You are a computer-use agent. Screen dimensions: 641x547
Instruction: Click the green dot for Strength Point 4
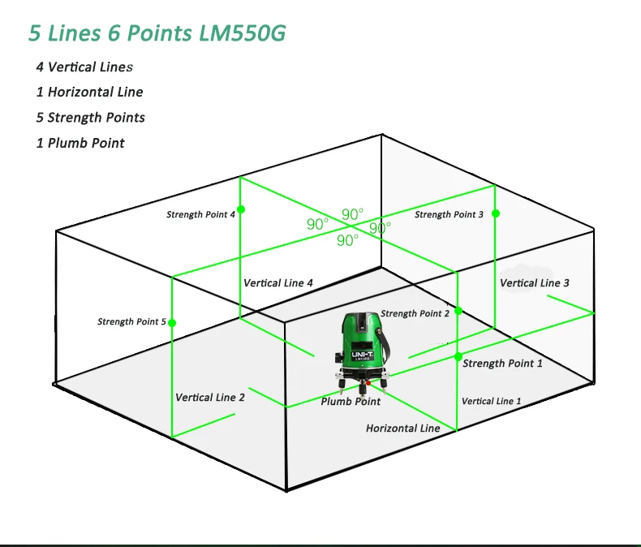pyautogui.click(x=241, y=209)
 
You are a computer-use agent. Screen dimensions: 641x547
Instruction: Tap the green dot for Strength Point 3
pyautogui.click(x=496, y=213)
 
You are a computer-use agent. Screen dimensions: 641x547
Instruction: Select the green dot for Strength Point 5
pyautogui.click(x=172, y=323)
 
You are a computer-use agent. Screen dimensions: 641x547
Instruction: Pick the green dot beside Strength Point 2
pyautogui.click(x=458, y=311)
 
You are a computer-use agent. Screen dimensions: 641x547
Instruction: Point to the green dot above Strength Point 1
pyautogui.click(x=458, y=356)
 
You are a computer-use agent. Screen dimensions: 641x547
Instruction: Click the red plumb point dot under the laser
pyautogui.click(x=368, y=383)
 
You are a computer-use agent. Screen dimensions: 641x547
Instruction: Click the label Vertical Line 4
pyautogui.click(x=278, y=283)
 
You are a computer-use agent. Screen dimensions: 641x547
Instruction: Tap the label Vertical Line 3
pyautogui.click(x=535, y=283)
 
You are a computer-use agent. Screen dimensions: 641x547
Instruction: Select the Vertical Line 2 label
pyautogui.click(x=209, y=398)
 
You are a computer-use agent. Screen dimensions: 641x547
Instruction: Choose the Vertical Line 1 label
pyautogui.click(x=492, y=401)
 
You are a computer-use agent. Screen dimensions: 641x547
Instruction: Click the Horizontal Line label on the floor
pyautogui.click(x=402, y=428)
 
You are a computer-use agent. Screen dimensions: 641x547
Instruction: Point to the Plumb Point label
pyautogui.click(x=351, y=402)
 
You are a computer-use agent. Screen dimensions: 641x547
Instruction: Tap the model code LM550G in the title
pyautogui.click(x=242, y=32)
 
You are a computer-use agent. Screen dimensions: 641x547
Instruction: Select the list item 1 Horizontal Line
pyautogui.click(x=89, y=92)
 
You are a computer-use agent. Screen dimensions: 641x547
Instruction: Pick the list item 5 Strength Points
pyautogui.click(x=90, y=118)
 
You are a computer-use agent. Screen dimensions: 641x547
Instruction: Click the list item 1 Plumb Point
pyautogui.click(x=80, y=143)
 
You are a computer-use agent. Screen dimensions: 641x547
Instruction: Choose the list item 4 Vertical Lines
pyautogui.click(x=84, y=67)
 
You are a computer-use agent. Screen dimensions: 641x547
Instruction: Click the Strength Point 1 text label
pyautogui.click(x=502, y=364)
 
